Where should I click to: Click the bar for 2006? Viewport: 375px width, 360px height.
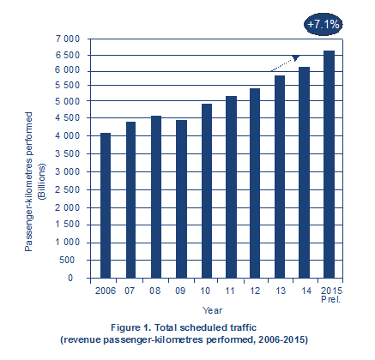pyautogui.click(x=106, y=206)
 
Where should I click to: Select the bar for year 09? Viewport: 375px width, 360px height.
pyautogui.click(x=181, y=199)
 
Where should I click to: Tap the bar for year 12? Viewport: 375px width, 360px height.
pyautogui.click(x=255, y=183)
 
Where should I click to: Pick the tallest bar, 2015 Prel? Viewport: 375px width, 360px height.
pyautogui.click(x=329, y=165)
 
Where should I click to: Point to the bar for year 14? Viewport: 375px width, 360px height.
pyautogui.click(x=304, y=172)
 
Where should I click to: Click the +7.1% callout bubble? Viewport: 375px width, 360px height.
pyautogui.click(x=324, y=25)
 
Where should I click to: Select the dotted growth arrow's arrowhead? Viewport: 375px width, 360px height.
pyautogui.click(x=295, y=57)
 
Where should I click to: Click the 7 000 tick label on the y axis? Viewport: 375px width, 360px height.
pyautogui.click(x=68, y=39)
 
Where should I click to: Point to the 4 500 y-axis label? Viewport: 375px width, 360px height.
pyautogui.click(x=68, y=117)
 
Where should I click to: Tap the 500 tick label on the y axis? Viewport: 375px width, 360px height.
pyautogui.click(x=67, y=260)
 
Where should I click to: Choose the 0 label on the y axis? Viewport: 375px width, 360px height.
pyautogui.click(x=70, y=278)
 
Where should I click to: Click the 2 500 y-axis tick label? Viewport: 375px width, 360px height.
pyautogui.click(x=68, y=189)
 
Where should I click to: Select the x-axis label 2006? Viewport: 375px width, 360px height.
pyautogui.click(x=106, y=291)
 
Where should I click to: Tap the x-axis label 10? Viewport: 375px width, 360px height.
pyautogui.click(x=205, y=291)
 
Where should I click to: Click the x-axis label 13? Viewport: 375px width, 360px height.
pyautogui.click(x=281, y=291)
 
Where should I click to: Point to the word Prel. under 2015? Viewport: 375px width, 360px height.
pyautogui.click(x=331, y=299)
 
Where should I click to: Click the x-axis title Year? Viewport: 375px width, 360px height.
pyautogui.click(x=212, y=310)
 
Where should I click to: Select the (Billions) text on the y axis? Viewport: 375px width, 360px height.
pyautogui.click(x=42, y=182)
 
